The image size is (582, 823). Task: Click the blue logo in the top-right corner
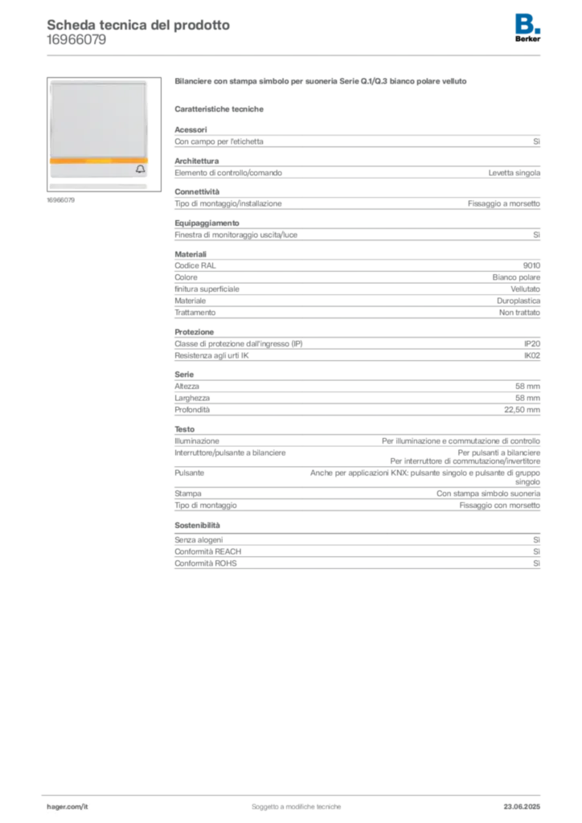point(529,22)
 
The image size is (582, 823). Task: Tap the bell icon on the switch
point(141,169)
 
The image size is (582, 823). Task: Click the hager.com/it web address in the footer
point(72,805)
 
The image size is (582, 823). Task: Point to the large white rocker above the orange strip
point(99,119)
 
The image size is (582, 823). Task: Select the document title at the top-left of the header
point(137,24)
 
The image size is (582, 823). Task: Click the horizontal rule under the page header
point(295,55)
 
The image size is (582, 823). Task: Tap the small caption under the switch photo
point(61,200)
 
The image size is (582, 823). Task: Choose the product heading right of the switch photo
point(320,81)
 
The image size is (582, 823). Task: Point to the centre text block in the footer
point(297,803)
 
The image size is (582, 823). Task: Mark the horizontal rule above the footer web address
point(295,794)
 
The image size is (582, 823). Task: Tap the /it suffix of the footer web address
point(84,805)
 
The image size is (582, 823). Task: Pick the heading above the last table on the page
point(199,526)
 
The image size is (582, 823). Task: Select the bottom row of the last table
point(356,565)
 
